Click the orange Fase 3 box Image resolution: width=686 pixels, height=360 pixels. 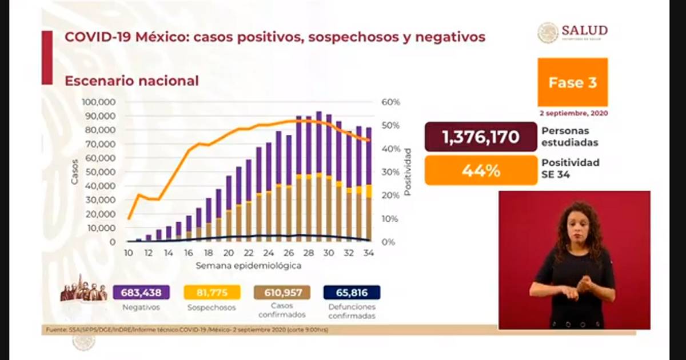(572, 82)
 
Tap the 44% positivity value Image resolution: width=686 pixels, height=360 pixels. (481, 170)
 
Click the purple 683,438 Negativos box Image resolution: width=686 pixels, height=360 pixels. (141, 293)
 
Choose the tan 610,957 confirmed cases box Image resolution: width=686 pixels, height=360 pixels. (282, 293)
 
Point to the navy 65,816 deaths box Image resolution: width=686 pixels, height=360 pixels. (352, 293)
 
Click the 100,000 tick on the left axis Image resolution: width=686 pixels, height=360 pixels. (99, 102)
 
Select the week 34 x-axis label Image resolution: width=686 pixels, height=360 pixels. (369, 253)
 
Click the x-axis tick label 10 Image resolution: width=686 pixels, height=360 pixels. (129, 253)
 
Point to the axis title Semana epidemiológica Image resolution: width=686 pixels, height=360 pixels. (248, 266)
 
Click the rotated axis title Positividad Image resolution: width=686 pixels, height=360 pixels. (408, 171)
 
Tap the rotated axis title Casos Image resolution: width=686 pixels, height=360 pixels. (75, 171)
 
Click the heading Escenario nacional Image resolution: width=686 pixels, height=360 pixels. (131, 81)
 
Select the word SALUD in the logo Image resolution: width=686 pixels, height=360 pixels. (584, 30)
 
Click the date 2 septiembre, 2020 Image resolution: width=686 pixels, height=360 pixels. (572, 113)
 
